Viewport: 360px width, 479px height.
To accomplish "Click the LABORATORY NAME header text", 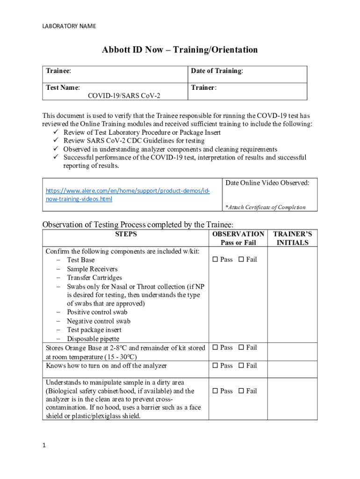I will click(69, 26).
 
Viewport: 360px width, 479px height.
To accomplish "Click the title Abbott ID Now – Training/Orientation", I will click(180, 50).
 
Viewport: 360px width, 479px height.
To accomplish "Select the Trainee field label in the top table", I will click(58, 71).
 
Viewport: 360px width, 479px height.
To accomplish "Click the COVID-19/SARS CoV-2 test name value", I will click(124, 95).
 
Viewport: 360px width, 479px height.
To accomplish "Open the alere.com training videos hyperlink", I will click(127, 195).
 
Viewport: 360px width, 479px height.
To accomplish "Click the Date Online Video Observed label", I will click(267, 183).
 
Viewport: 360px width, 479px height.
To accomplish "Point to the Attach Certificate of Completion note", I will click(265, 207).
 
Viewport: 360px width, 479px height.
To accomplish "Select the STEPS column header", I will click(126, 234).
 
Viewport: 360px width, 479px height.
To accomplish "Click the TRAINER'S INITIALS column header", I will click(292, 238).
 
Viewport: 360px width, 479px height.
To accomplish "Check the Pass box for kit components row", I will click(216, 260).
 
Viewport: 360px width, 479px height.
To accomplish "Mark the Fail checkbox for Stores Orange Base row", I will click(241, 348).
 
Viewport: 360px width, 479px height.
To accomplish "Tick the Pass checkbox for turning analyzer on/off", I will click(216, 366).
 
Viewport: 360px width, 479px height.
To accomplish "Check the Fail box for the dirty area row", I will click(241, 391).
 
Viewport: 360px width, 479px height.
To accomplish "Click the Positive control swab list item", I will click(97, 312).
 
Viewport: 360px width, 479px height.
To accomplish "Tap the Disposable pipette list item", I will click(93, 339).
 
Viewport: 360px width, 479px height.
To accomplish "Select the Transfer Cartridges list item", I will click(94, 277).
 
